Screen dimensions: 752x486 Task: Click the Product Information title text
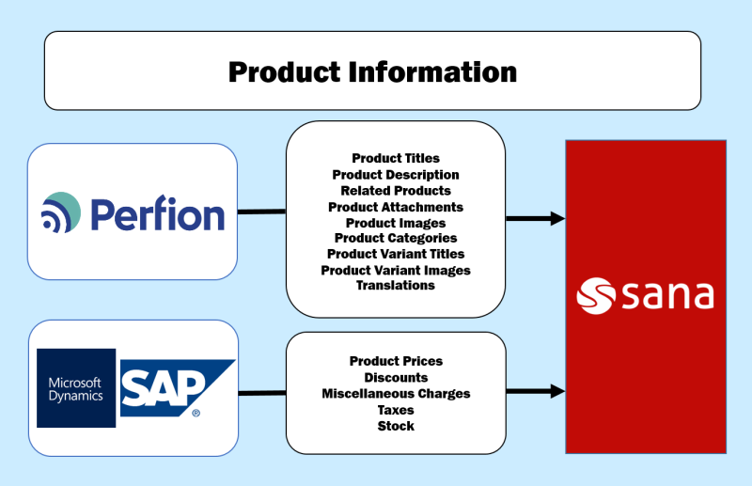tap(372, 72)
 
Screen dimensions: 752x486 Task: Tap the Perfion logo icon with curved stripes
tap(61, 212)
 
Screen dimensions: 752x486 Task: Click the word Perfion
tap(158, 213)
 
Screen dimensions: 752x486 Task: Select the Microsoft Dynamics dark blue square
tap(76, 388)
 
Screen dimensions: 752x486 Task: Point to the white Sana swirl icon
tap(596, 296)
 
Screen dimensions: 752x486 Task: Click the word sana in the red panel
tap(668, 296)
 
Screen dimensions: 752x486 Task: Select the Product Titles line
tap(396, 158)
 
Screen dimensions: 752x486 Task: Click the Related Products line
tap(396, 191)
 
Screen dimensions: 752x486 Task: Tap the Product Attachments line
tap(396, 207)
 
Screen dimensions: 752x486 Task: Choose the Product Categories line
tap(396, 238)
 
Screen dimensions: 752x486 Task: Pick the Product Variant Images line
tap(396, 270)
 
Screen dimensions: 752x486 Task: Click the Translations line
tap(396, 286)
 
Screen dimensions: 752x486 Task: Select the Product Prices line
tap(396, 361)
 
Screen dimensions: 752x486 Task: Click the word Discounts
tap(396, 378)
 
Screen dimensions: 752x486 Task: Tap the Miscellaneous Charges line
tap(396, 393)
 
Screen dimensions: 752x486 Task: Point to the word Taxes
tap(396, 410)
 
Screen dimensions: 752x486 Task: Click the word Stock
tap(396, 426)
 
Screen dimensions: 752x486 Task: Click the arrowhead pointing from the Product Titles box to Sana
tap(557, 218)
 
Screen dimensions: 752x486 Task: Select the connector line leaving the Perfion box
tap(262, 212)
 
